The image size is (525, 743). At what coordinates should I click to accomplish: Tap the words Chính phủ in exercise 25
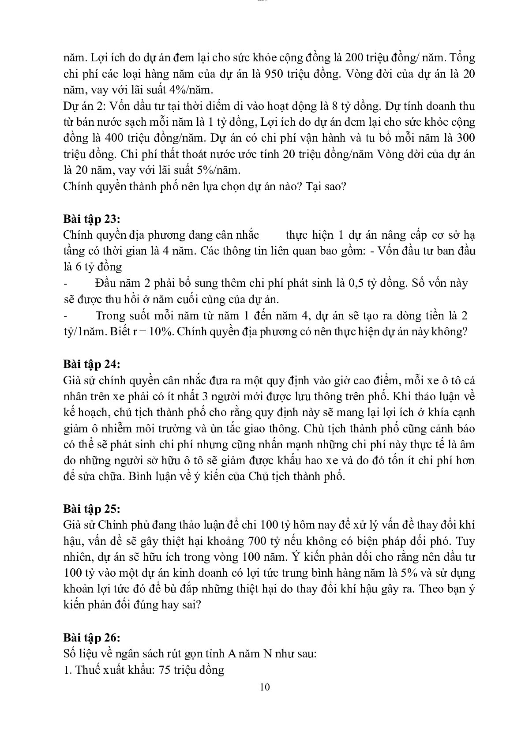pos(120,525)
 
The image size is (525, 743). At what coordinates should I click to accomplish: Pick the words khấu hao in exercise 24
pos(300,460)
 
